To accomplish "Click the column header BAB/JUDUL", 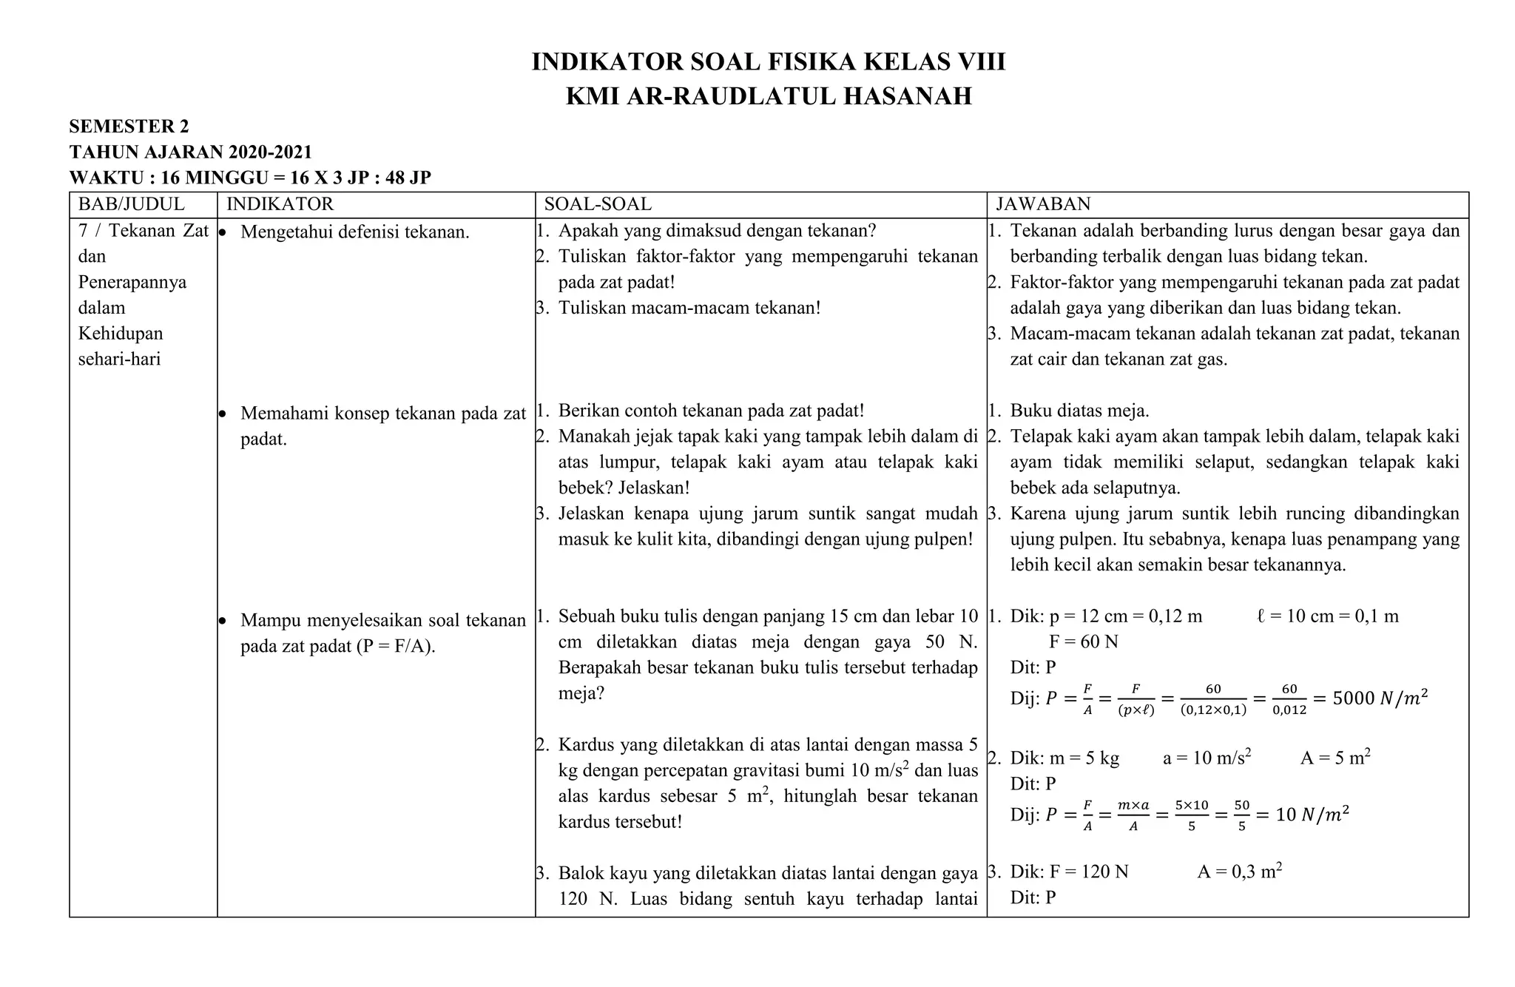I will (x=131, y=204).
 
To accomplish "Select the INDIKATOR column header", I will (x=280, y=204).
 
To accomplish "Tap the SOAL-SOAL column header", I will (x=598, y=204).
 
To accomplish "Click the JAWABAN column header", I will (x=1043, y=204).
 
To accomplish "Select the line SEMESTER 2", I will (x=129, y=127).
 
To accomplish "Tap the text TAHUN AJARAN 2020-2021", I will (x=190, y=152).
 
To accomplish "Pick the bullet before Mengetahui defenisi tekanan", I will (x=222, y=232).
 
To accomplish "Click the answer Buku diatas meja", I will (x=1079, y=411).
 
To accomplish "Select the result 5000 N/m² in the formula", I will (x=1380, y=698).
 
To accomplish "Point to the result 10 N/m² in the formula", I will (x=1312, y=815).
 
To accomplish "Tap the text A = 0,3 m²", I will (x=1239, y=872).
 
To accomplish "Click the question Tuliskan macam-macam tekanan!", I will (x=689, y=308).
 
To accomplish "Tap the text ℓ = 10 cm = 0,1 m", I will (x=1327, y=616).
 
